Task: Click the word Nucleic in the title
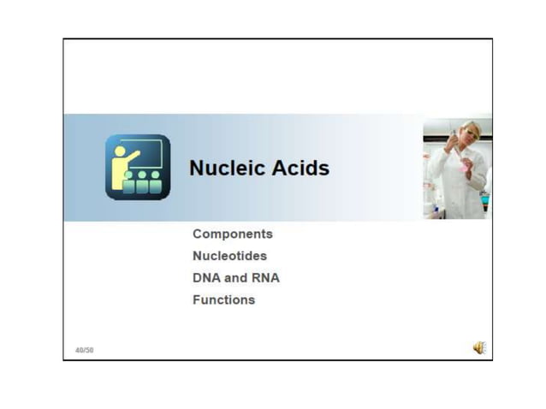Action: click(x=217, y=168)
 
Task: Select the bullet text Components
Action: click(x=233, y=234)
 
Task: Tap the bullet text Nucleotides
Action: click(x=229, y=256)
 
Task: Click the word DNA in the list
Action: click(x=207, y=278)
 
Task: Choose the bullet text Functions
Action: click(x=223, y=300)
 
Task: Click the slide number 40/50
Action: click(x=84, y=349)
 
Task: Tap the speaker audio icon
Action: click(x=478, y=347)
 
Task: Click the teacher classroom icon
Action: click(x=138, y=168)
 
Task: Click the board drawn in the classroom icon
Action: click(x=146, y=153)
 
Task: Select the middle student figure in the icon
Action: click(x=142, y=182)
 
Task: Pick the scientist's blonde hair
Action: click(x=473, y=127)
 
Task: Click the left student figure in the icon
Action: click(x=128, y=183)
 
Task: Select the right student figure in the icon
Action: click(x=155, y=182)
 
